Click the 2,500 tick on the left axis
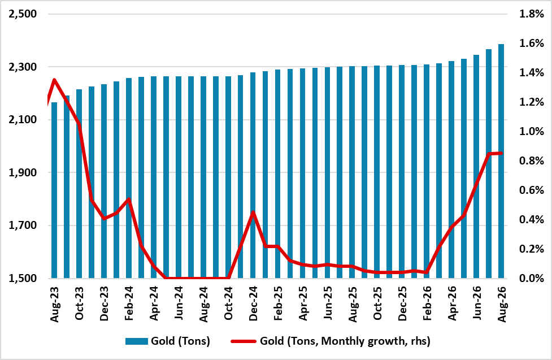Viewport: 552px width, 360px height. point(23,14)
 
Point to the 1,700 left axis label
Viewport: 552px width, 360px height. point(23,225)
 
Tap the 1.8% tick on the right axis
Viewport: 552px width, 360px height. point(532,14)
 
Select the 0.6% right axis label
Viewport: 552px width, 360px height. point(532,190)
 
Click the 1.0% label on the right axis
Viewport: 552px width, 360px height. point(532,131)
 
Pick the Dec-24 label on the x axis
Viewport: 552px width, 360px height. point(253,304)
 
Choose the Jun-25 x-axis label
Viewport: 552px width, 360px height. point(328,303)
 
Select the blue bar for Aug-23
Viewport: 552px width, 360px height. point(54,190)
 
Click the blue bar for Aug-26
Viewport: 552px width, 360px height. point(501,161)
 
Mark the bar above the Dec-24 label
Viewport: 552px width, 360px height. point(253,175)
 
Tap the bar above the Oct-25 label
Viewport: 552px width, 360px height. point(377,172)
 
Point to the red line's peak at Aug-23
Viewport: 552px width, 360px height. point(54,80)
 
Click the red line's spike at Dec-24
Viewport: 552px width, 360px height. point(253,212)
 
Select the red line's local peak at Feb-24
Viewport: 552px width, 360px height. point(129,199)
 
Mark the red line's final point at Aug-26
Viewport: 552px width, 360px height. point(501,153)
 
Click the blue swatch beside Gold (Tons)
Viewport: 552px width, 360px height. point(137,341)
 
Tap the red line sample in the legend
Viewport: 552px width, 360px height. point(244,341)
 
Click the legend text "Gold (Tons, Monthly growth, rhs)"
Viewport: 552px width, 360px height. point(345,341)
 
